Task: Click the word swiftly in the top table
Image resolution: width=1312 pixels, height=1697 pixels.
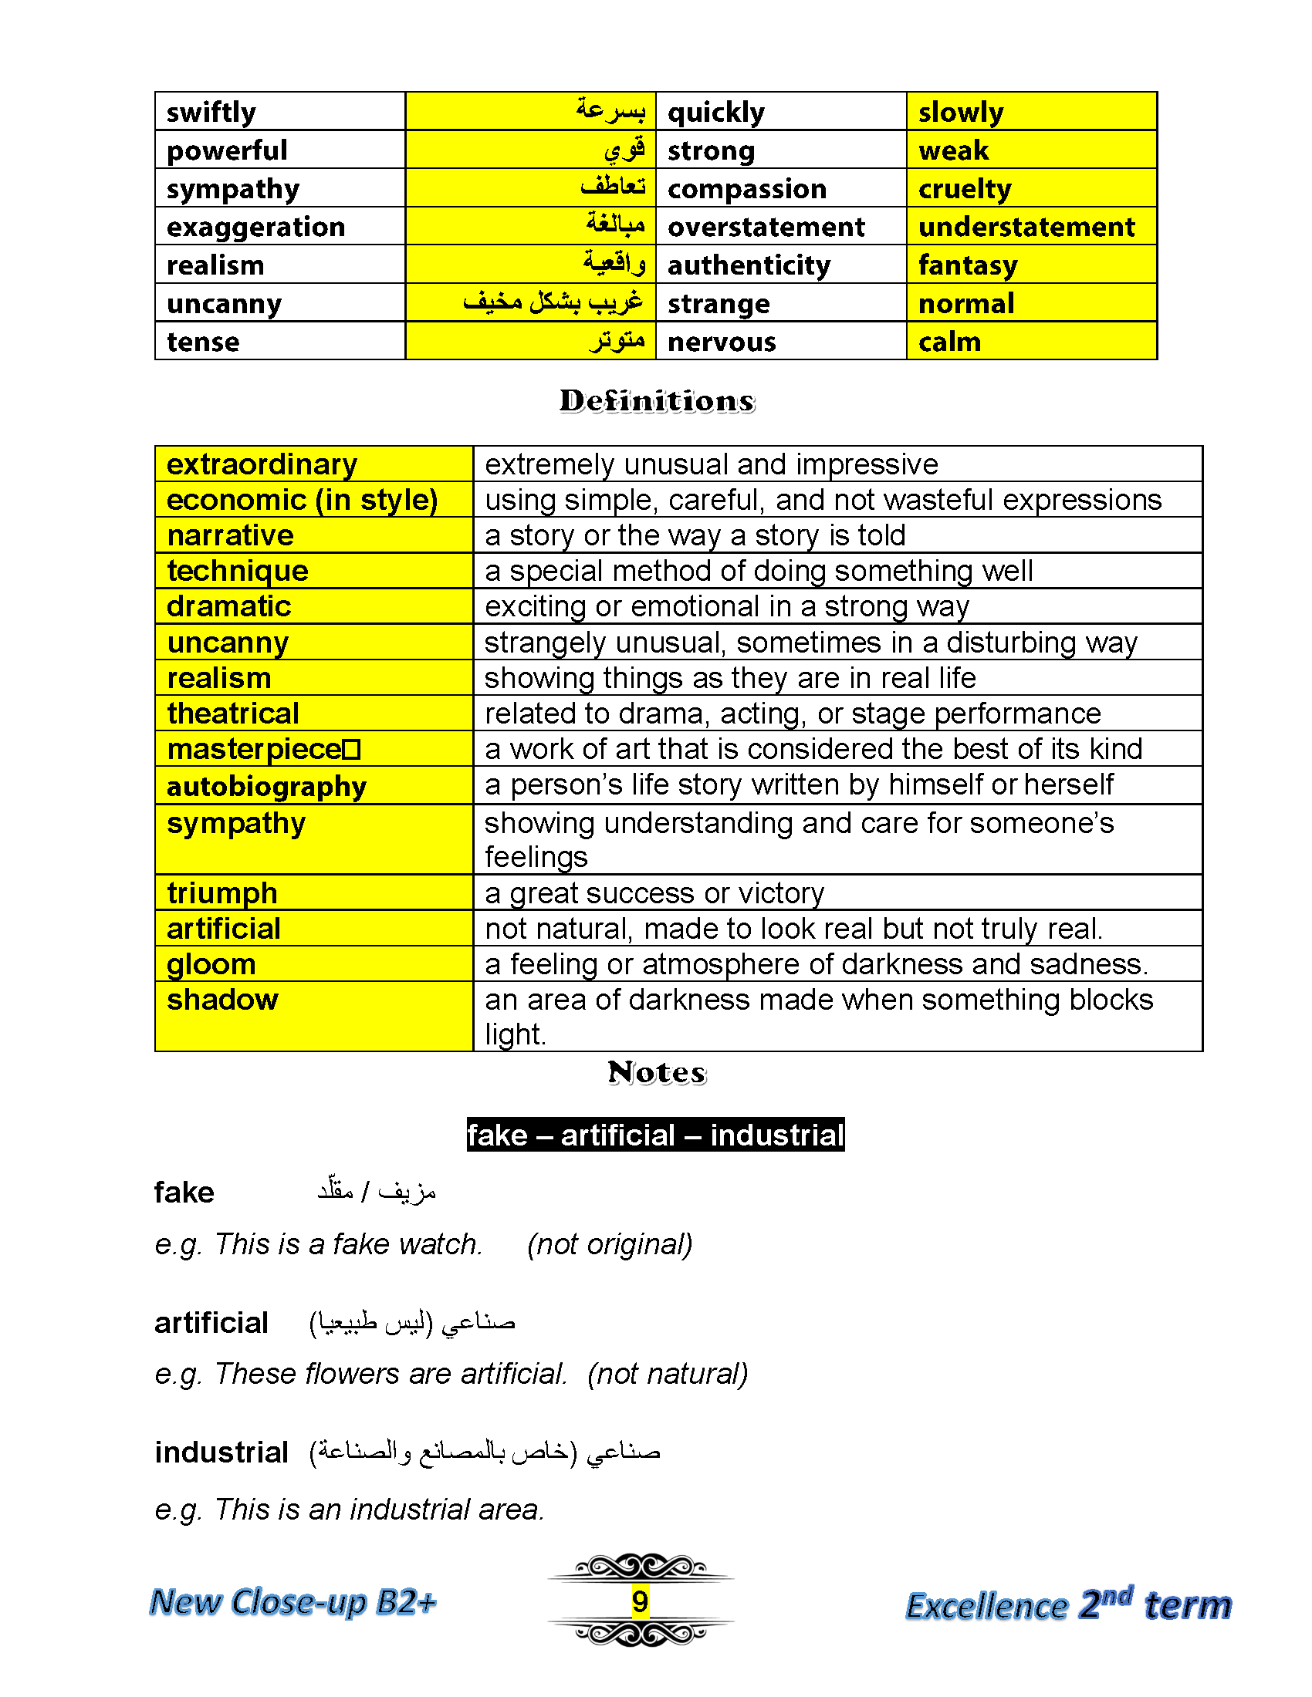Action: (211, 113)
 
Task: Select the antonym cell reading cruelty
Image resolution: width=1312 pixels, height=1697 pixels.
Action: (965, 189)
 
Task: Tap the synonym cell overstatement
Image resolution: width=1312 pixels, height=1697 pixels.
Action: (766, 227)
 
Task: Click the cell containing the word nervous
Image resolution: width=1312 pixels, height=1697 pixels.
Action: (722, 342)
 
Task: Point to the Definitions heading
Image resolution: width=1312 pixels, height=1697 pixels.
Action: (657, 401)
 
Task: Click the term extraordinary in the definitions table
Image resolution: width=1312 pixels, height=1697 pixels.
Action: (262, 464)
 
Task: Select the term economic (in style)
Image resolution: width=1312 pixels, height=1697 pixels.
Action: (303, 500)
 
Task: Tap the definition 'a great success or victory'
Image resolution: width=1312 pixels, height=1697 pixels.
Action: (654, 892)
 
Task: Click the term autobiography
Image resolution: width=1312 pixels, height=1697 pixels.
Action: (266, 786)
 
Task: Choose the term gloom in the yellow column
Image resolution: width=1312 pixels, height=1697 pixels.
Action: (211, 964)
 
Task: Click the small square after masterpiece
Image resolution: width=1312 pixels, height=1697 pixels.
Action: (351, 750)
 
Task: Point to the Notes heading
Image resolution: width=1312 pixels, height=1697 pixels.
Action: (657, 1073)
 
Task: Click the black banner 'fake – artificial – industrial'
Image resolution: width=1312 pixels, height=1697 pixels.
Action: (655, 1135)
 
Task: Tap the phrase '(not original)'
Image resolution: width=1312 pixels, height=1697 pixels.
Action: (610, 1244)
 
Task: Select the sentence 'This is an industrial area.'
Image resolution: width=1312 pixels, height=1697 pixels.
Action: (378, 1509)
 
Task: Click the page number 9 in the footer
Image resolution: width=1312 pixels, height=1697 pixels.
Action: (640, 1601)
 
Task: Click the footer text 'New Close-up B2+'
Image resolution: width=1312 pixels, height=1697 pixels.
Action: (293, 1602)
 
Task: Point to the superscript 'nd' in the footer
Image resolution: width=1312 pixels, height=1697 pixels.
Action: (1117, 1596)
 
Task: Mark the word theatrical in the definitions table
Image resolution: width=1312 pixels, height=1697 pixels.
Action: (233, 714)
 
